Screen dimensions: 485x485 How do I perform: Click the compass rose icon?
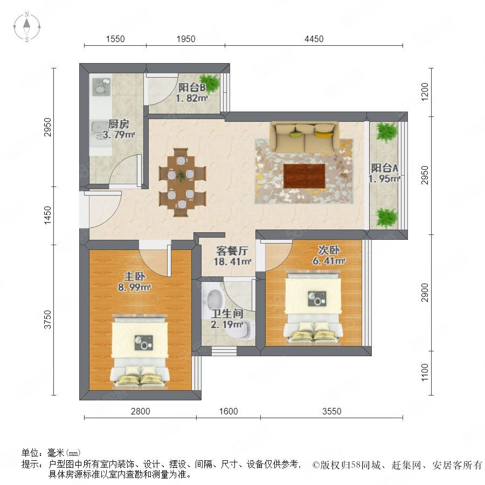point(27,26)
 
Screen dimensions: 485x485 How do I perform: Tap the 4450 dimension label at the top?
point(314,39)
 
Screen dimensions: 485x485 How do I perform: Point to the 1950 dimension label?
point(186,39)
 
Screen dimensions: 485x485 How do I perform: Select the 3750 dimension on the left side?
point(47,320)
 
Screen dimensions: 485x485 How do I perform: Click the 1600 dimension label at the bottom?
point(228,411)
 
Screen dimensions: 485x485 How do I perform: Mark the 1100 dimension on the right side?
point(425,372)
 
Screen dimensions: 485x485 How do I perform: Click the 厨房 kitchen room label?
point(119,124)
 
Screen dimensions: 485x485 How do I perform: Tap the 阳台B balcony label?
point(192,87)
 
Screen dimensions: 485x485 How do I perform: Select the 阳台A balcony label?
point(384,168)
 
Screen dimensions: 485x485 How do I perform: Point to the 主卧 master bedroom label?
point(134,276)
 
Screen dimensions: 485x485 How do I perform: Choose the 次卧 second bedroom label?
point(329,250)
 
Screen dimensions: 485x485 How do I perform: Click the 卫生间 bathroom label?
point(227,314)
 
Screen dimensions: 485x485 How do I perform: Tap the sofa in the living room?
point(304,137)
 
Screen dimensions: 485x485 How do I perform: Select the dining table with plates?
point(181,183)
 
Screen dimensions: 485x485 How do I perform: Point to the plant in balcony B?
point(210,83)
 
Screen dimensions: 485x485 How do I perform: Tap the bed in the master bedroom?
point(140,352)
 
